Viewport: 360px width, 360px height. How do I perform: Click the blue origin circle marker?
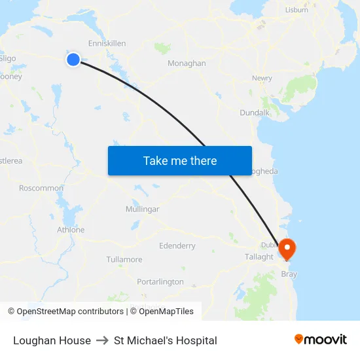point(73,60)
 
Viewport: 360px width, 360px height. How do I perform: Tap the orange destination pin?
point(287,249)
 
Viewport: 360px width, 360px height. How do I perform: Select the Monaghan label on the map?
point(187,63)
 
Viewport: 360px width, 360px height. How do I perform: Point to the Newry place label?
point(262,79)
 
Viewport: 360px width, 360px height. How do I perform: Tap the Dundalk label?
point(255,113)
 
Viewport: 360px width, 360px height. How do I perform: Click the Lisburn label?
point(297,10)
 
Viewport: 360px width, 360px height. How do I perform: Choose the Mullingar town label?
point(142,209)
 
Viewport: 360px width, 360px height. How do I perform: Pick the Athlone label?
point(71,230)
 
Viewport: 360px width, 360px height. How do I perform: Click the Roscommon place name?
point(41,188)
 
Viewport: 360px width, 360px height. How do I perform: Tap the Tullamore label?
point(124,260)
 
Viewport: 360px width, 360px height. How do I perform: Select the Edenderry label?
point(177,246)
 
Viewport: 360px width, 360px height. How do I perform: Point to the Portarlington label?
point(160,281)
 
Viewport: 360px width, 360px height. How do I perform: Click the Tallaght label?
point(259,257)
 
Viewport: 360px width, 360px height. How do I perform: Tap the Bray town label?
point(289,274)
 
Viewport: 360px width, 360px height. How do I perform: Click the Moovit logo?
point(321,340)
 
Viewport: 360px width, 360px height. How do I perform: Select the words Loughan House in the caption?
point(52,340)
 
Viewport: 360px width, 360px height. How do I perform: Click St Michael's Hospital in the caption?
point(166,340)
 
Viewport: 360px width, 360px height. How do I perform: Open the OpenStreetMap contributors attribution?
point(70,312)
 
